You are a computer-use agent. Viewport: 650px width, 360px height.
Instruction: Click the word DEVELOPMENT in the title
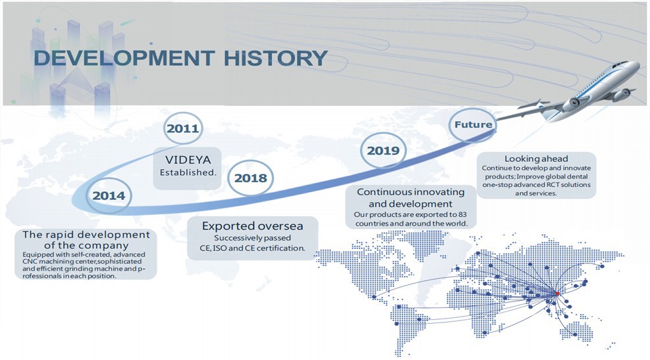click(124, 58)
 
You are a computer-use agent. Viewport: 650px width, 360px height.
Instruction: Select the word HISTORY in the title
click(276, 58)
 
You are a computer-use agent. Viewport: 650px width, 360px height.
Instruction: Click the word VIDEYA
click(188, 159)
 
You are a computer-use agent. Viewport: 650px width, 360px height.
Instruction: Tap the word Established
click(188, 172)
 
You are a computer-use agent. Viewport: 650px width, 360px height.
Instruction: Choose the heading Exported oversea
click(252, 226)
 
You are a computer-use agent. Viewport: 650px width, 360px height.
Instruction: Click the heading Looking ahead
click(536, 159)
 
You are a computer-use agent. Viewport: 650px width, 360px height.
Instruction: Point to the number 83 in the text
click(462, 215)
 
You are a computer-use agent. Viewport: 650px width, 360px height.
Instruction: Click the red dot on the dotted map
click(557, 294)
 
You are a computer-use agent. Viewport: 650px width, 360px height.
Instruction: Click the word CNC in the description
click(30, 261)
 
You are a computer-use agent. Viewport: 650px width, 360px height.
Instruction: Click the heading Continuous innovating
click(410, 192)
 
